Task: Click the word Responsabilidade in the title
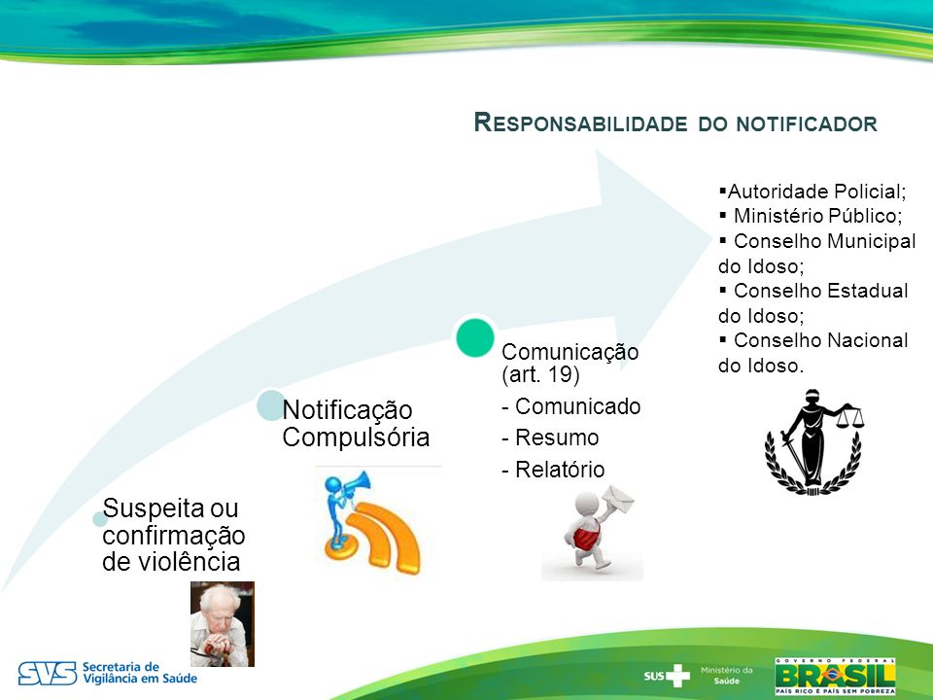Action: [x=581, y=122]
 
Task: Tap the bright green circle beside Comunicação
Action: [x=475, y=337]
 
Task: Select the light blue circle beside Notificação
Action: [x=271, y=405]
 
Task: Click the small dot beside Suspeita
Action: [x=99, y=519]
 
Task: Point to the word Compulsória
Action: [x=356, y=437]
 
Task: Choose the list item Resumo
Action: [x=551, y=437]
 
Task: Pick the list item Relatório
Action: [x=553, y=470]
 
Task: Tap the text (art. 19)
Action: [x=541, y=375]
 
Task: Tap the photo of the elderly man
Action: [x=222, y=624]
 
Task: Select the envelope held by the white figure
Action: [x=618, y=499]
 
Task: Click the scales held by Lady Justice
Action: [x=849, y=417]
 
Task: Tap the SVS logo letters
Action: [x=47, y=673]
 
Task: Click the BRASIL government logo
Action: [x=835, y=677]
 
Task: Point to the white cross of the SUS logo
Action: [x=677, y=676]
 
